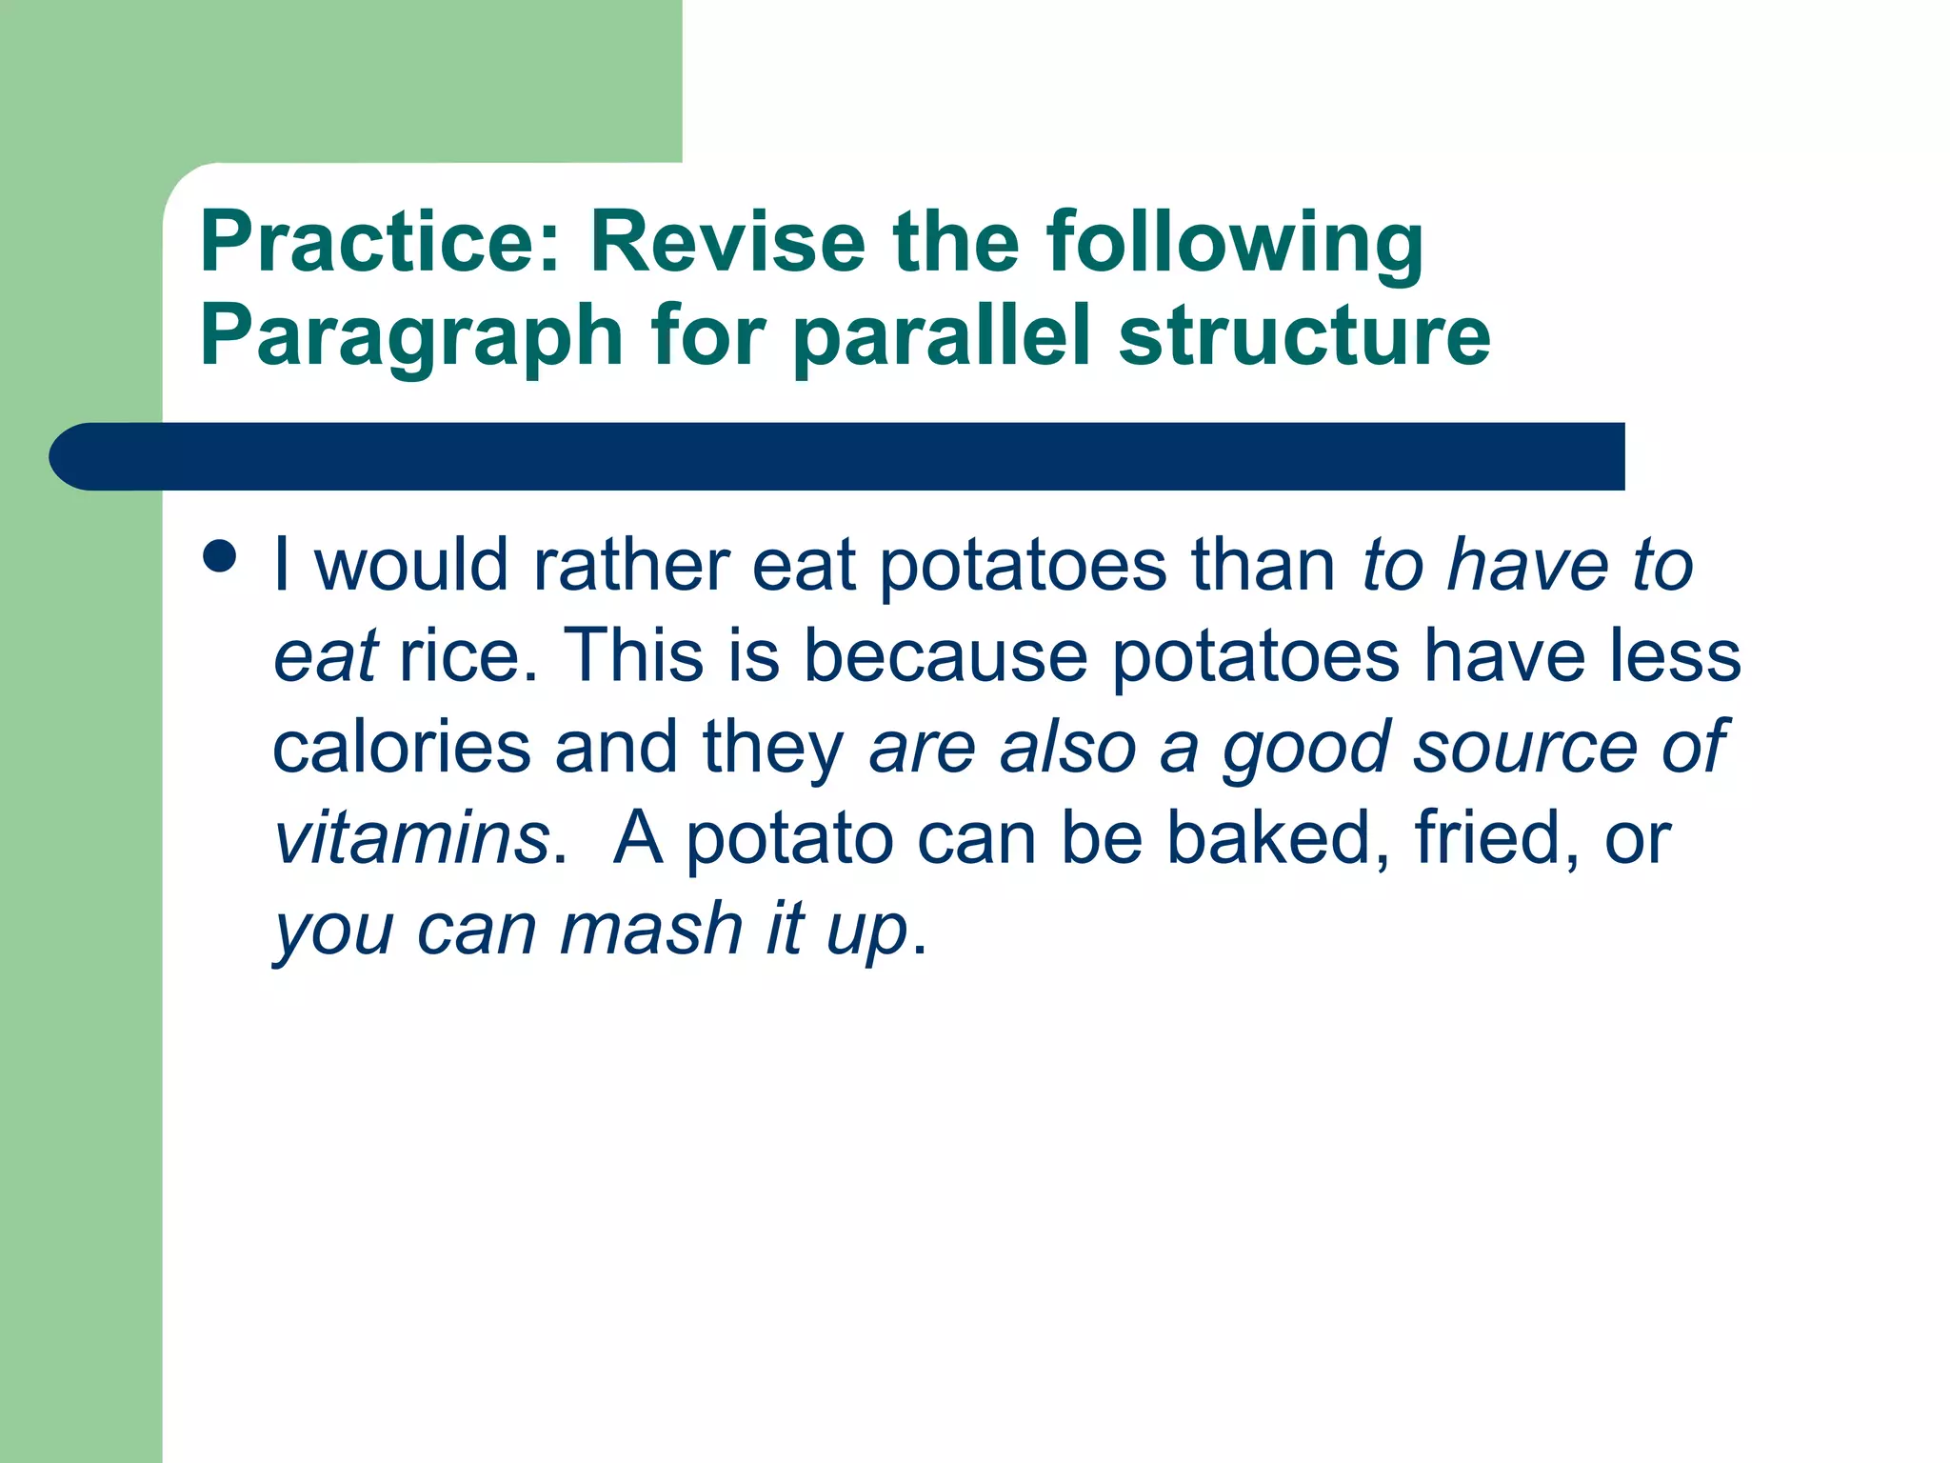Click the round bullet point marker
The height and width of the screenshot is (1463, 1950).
220,556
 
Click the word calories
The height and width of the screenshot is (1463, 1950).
401,748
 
